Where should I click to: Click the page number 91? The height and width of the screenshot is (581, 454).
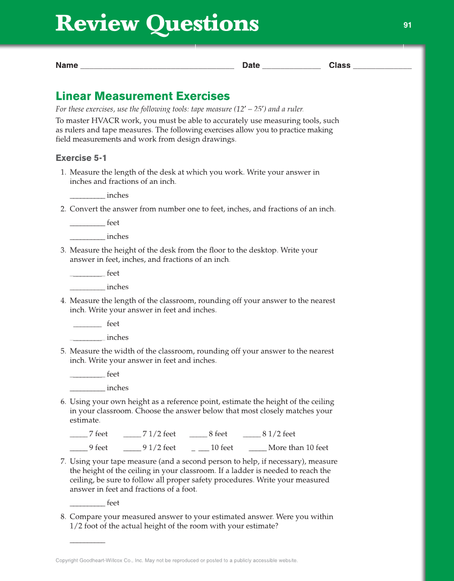tap(407, 25)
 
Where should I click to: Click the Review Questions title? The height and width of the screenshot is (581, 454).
tap(157, 24)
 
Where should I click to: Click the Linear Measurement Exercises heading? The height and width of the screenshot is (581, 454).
tap(143, 96)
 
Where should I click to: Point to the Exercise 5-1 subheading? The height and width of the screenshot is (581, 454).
tap(81, 158)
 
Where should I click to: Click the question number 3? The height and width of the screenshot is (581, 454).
tap(63, 250)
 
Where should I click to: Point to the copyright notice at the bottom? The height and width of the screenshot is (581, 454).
tap(176, 561)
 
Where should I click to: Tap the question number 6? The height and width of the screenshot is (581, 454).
tap(63, 402)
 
